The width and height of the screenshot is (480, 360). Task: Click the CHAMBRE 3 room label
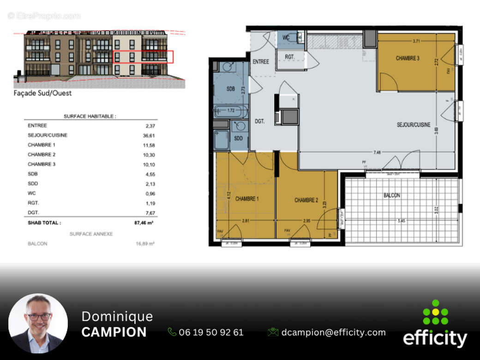pos(407,59)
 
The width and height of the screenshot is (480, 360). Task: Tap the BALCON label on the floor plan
pos(391,195)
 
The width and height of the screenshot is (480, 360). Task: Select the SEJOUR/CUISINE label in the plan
pos(414,125)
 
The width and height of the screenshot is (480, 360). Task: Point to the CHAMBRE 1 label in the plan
pos(247,199)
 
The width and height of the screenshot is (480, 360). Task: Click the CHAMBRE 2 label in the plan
pos(306,200)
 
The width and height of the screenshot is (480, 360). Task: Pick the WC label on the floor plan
pos(286,38)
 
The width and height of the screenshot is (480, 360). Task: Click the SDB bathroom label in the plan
pos(231,89)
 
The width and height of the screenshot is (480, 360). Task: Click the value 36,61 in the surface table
pos(148,135)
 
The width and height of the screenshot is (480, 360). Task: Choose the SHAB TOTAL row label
pos(44,222)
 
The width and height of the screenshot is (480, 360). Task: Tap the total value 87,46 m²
pos(144,222)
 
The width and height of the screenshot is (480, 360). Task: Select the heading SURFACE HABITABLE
pos(90,117)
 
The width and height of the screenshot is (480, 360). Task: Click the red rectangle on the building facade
pos(143,57)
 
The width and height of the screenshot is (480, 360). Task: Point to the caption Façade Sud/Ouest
pos(42,93)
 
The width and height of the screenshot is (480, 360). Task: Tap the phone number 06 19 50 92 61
pos(211,332)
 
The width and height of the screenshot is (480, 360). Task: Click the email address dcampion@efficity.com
pos(333,332)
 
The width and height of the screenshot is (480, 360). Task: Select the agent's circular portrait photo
pos(38,324)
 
